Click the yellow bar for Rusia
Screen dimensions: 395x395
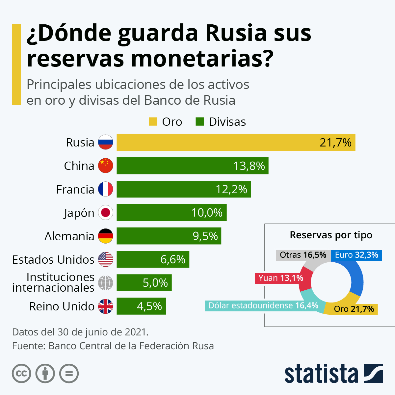[x=236, y=143]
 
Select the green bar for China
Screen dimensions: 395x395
[x=192, y=166]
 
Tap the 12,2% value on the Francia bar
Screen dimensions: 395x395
[x=231, y=189]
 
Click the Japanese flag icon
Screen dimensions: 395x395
[x=106, y=213]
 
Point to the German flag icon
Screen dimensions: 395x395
[x=106, y=236]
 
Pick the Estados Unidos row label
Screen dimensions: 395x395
[x=53, y=259]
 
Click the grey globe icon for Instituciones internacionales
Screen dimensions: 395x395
[x=106, y=283]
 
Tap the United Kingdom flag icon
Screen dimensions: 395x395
[x=106, y=306]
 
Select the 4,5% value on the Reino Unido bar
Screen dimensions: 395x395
[x=149, y=306]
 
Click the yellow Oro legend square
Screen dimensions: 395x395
[x=153, y=122]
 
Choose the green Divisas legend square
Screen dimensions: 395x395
[x=200, y=122]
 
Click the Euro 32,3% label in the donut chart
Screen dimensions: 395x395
[x=356, y=255]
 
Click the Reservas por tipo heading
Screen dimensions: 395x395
[x=331, y=235]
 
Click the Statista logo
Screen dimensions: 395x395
[x=333, y=374]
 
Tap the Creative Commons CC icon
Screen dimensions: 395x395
[x=21, y=374]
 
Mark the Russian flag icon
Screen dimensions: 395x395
[x=106, y=143]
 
